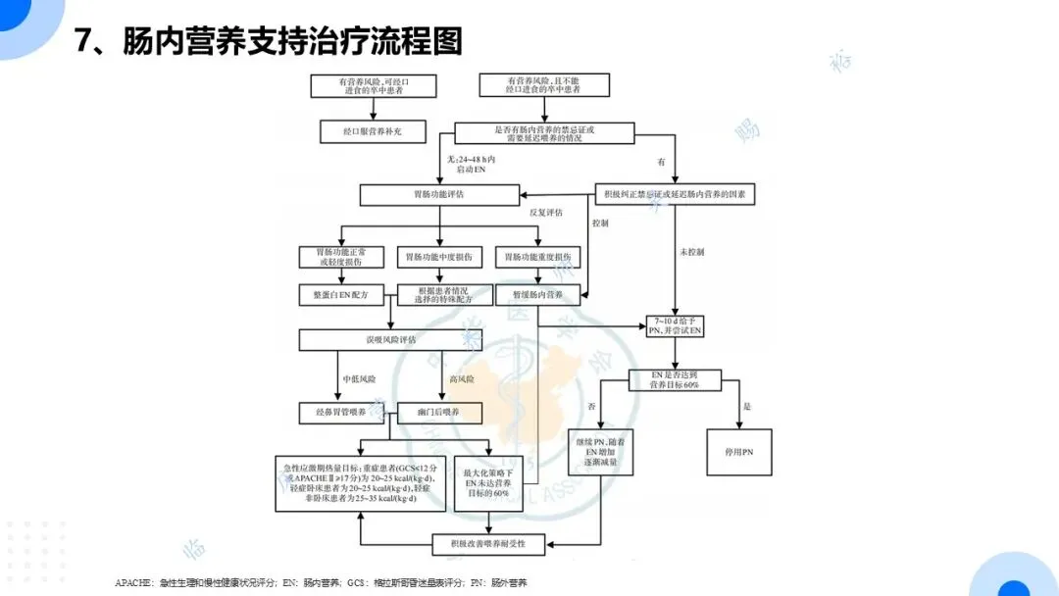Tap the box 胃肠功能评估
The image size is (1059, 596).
[437, 195]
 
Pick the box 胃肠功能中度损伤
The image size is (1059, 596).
[437, 258]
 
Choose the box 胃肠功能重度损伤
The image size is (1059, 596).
[537, 258]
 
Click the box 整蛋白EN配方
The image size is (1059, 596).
[340, 294]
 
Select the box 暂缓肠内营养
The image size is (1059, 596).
[537, 294]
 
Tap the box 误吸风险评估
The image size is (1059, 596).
[390, 339]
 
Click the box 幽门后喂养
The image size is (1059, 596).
[439, 413]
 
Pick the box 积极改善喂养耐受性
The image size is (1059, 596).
[488, 542]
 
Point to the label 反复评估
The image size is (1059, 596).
[545, 212]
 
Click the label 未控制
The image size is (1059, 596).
[691, 252]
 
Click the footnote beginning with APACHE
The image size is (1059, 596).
[321, 583]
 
